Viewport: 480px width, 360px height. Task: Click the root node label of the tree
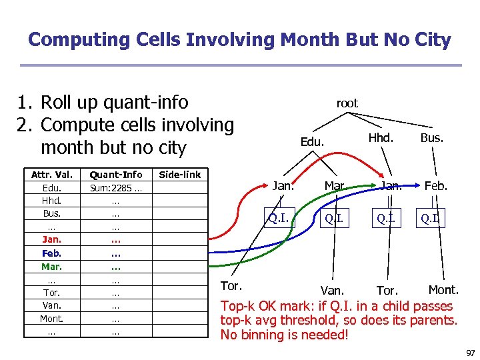[347, 103]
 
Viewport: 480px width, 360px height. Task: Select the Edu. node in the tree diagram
[312, 142]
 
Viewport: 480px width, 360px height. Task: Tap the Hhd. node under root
[381, 139]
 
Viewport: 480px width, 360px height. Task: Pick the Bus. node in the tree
[432, 139]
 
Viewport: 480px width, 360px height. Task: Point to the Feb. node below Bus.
[436, 186]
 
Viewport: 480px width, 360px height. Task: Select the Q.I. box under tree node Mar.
[335, 219]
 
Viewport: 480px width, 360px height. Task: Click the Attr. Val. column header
[51, 175]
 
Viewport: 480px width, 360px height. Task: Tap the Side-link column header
[179, 175]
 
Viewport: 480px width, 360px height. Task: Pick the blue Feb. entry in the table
[51, 253]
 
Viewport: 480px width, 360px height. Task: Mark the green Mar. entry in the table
[51, 267]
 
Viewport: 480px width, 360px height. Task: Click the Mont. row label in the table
[51, 319]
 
